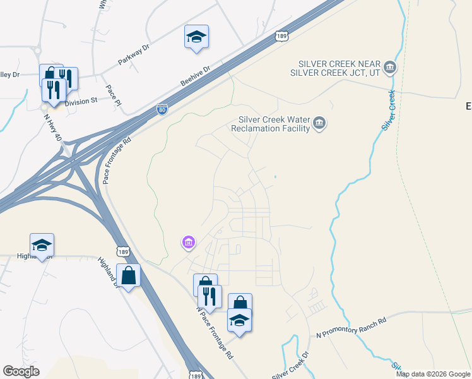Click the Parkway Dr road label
coord(134,56)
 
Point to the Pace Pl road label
coord(113,95)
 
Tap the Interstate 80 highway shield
coord(162,109)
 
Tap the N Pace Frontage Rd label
coord(215,333)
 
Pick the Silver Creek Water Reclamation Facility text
coord(274,124)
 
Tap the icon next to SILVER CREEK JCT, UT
coord(389,67)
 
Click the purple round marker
coord(188,241)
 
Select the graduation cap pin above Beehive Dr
coord(196,37)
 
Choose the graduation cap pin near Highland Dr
coord(42,245)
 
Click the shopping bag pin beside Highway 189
coord(128,275)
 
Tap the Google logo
coord(21,371)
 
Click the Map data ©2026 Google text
coord(433,374)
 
